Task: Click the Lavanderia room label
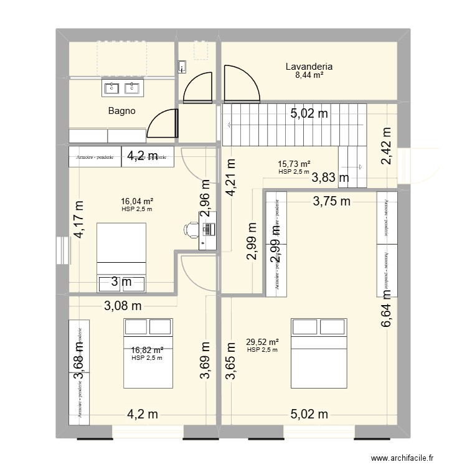308,67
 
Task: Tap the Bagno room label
121,111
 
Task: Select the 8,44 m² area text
308,75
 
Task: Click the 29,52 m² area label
262,342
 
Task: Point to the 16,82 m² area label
147,350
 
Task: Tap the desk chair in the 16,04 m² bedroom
189,230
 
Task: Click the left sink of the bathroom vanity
112,88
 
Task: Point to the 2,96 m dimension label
205,197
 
